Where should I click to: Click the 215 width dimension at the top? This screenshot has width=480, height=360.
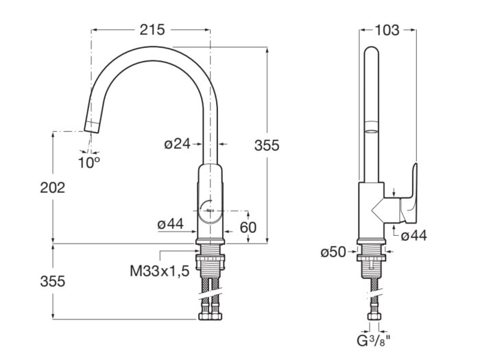click(152, 29)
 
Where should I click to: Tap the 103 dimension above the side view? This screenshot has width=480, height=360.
click(388, 29)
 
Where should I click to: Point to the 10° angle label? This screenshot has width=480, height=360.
click(88, 163)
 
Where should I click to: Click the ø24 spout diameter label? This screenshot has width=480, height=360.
click(177, 144)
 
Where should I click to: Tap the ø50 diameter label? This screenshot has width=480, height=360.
click(333, 252)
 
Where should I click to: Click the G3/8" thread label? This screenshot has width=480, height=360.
click(374, 340)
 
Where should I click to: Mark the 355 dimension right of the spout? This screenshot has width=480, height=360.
click(267, 145)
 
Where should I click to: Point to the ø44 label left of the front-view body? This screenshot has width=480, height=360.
click(171, 224)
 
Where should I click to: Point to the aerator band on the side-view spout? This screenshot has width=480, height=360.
click(371, 128)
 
